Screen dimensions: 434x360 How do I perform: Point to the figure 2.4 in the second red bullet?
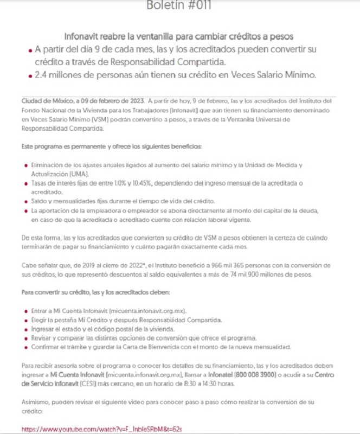(x=42, y=74)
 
